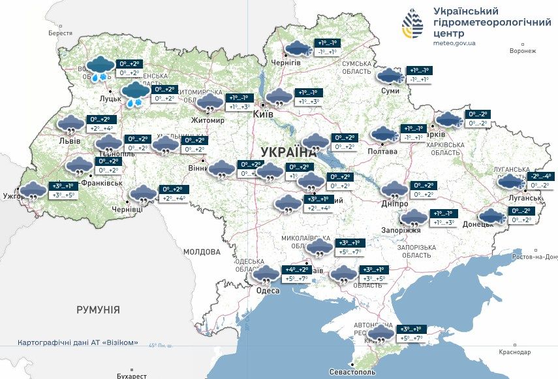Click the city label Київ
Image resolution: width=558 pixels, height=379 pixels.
coord(263,114)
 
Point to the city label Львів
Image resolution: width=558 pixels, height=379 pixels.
coord(69,141)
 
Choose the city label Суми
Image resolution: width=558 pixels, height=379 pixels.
coord(390,91)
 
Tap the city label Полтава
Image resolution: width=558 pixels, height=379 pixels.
coord(382,151)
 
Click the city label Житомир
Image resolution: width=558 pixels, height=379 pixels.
coord(208,121)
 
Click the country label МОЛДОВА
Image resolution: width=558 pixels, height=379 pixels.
coord(202,252)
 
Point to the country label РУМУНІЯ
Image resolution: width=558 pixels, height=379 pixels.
coord(98,310)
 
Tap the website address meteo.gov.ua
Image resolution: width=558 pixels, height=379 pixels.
coord(454,43)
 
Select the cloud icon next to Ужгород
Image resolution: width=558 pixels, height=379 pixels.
coord(33,191)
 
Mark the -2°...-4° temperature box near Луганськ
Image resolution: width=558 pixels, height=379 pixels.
coord(541,176)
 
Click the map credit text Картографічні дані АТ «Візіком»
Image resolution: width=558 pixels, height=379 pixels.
coord(78,342)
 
